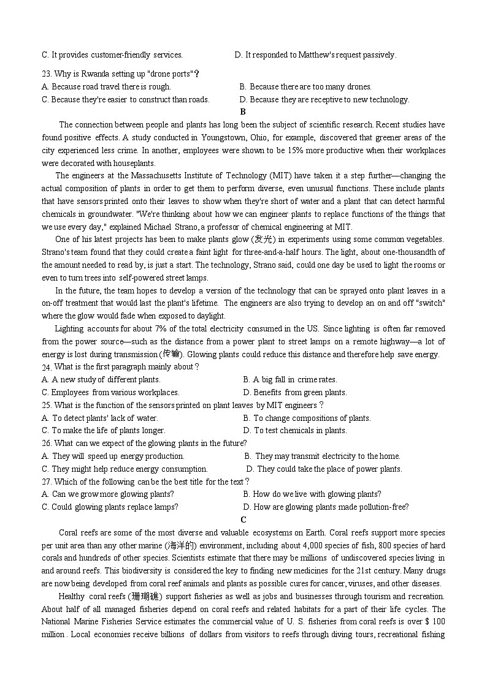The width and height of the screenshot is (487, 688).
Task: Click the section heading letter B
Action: (243, 112)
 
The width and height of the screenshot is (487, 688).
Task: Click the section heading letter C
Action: (243, 520)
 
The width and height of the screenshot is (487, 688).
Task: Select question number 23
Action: (47, 74)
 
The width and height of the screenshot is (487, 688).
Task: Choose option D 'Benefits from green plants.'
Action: (295, 393)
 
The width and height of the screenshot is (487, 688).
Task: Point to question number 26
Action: (47, 443)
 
